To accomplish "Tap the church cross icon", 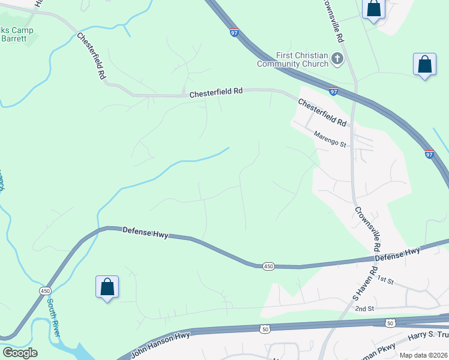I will click(x=337, y=59).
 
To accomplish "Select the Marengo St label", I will click(x=331, y=140).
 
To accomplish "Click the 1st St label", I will click(x=385, y=280).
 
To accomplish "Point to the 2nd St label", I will click(x=364, y=308).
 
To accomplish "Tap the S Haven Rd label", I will click(x=364, y=284).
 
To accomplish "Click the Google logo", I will click(x=20, y=353).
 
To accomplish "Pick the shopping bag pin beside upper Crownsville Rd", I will click(x=374, y=9).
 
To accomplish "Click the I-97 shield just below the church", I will click(x=333, y=91).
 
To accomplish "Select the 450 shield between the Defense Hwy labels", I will click(x=268, y=266).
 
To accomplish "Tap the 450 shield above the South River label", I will click(x=45, y=290).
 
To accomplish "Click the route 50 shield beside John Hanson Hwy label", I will click(x=265, y=329).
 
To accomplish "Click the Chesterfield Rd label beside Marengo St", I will click(x=323, y=112).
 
